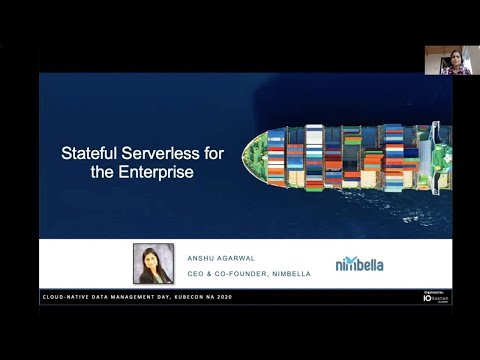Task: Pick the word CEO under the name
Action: click(x=197, y=273)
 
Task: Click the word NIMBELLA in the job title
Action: click(x=291, y=273)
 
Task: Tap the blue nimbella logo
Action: click(x=359, y=264)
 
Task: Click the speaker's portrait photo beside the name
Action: click(x=153, y=264)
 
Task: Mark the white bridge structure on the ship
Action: click(x=426, y=155)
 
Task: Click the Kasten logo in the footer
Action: click(x=436, y=298)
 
